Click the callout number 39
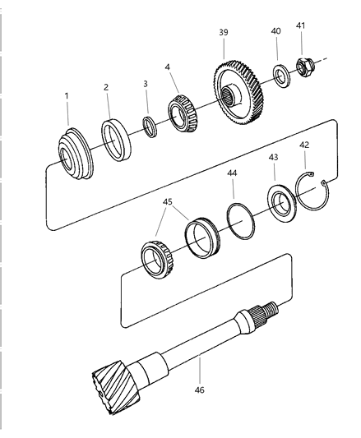[224, 32]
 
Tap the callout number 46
[199, 390]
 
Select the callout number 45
[168, 201]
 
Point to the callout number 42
[304, 145]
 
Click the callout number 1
[67, 96]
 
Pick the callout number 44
[232, 173]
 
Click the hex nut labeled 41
[304, 67]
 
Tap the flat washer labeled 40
[281, 76]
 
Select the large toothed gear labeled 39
[238, 94]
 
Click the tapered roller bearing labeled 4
[183, 113]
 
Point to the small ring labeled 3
[150, 127]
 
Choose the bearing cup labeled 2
[116, 140]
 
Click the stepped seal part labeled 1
[76, 154]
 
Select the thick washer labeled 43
[281, 203]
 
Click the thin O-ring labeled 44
[240, 221]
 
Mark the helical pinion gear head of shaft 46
[116, 386]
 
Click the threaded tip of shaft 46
[273, 308]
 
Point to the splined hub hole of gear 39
[229, 96]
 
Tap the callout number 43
[273, 157]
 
